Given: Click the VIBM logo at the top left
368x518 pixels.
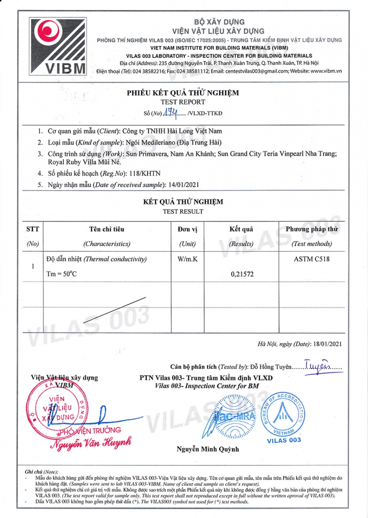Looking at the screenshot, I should pyautogui.click(x=57, y=46).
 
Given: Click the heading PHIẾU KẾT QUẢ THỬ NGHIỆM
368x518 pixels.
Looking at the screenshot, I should pyautogui.click(x=182, y=93).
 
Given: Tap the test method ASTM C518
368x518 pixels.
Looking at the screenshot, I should pyautogui.click(x=311, y=259).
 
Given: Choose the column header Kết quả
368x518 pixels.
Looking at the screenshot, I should pyautogui.click(x=241, y=229).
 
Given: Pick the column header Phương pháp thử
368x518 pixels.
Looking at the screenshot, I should pyautogui.click(x=311, y=229).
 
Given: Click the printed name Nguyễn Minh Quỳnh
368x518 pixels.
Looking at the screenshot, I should pyautogui.click(x=208, y=449).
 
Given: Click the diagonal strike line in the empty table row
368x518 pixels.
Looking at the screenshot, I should pyautogui.click(x=114, y=310).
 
